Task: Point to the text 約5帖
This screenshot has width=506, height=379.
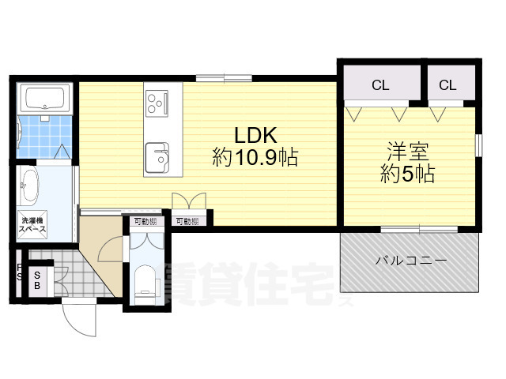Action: click(407, 174)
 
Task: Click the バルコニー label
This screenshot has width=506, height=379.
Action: click(410, 261)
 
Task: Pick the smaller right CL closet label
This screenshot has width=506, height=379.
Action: click(447, 85)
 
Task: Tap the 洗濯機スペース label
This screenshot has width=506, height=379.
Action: click(32, 224)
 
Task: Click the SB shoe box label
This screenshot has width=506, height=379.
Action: click(36, 280)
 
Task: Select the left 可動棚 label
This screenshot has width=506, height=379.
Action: click(145, 222)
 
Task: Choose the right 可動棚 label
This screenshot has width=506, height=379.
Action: click(187, 222)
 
